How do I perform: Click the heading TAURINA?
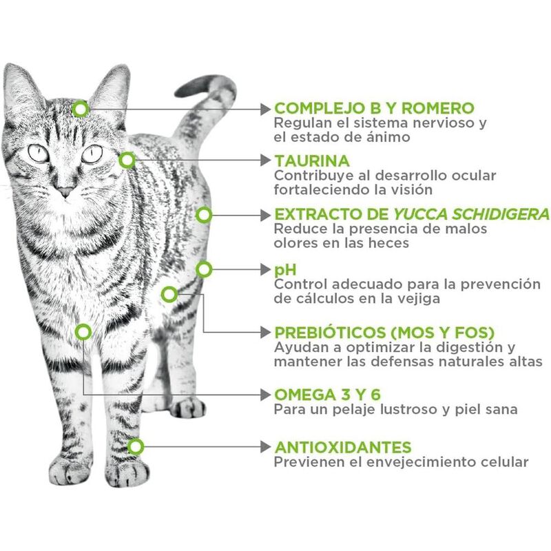312,161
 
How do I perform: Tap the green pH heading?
285,270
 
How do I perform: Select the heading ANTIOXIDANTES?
343,447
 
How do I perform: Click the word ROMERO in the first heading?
438,108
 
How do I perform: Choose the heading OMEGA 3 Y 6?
328,395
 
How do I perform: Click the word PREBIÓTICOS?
330,332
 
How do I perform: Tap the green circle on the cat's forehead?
81,109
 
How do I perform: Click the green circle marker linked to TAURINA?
127,160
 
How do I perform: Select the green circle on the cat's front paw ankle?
135,447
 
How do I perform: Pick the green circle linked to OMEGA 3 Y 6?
83,332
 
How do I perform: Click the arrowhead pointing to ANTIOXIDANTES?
265,447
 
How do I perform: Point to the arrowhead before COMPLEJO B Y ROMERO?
265,109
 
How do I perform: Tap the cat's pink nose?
65,191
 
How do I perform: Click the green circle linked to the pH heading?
204,269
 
